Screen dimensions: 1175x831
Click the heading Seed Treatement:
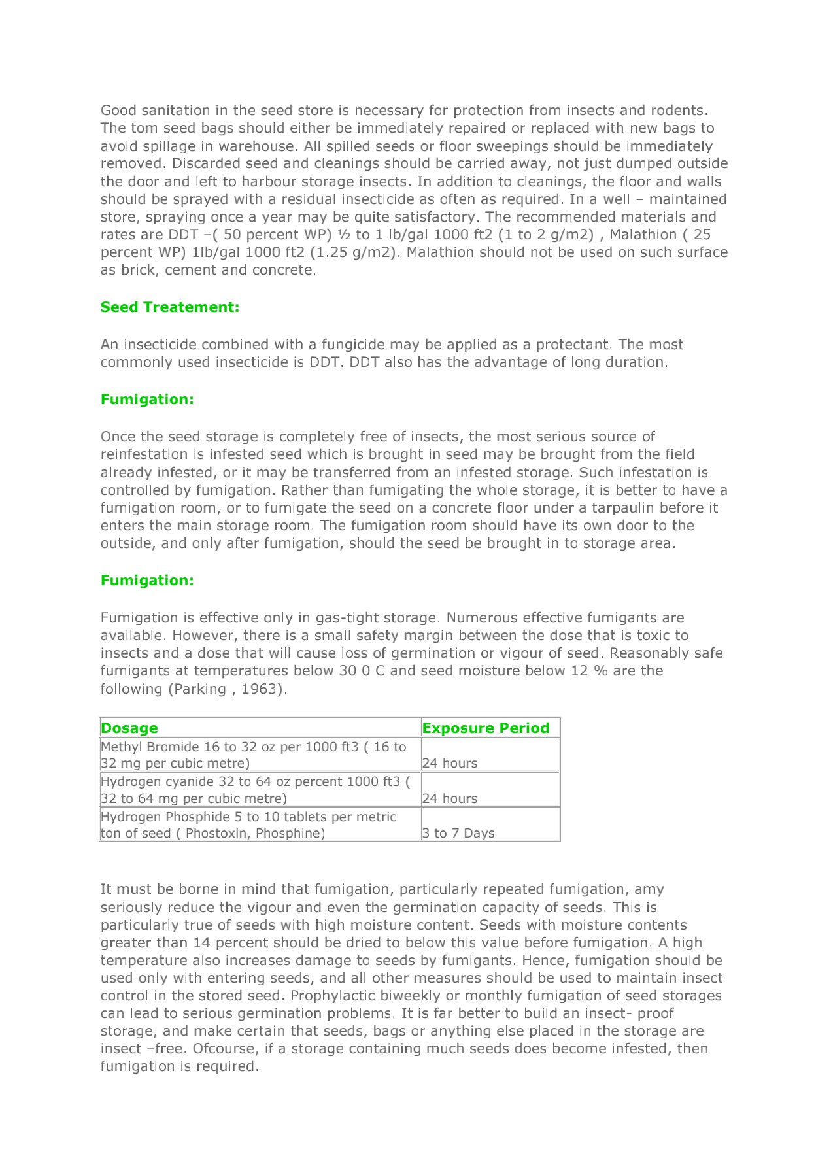pyautogui.click(x=170, y=307)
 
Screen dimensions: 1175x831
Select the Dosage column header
pyautogui.click(x=129, y=728)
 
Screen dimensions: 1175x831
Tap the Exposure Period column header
pyautogui.click(x=486, y=728)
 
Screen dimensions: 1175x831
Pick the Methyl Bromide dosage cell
pyautogui.click(x=254, y=755)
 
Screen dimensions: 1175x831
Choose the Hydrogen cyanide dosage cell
pyautogui.click(x=256, y=790)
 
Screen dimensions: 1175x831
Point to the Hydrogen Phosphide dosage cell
pyautogui.click(x=248, y=825)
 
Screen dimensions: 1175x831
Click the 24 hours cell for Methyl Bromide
pyautogui.click(x=450, y=764)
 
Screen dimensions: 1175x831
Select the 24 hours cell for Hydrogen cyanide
pyautogui.click(x=450, y=799)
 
